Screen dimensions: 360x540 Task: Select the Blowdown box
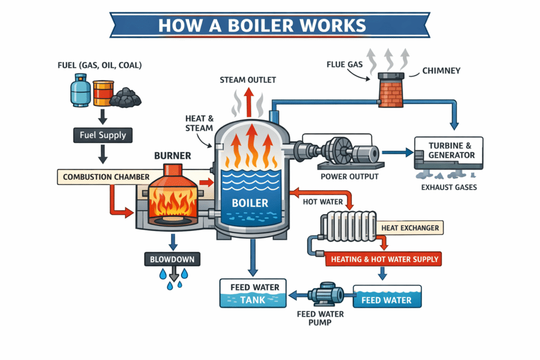tap(171, 259)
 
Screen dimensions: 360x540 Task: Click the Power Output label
tap(350, 177)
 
